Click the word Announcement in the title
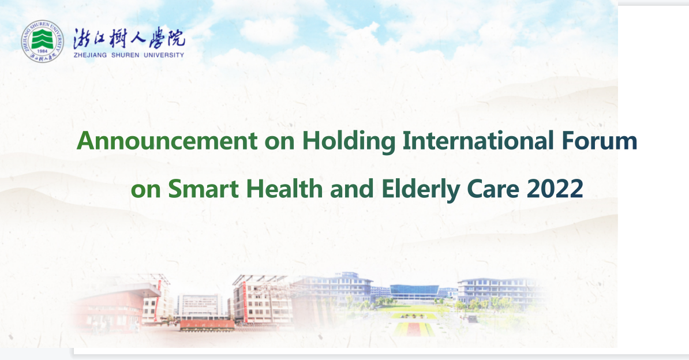[167, 141]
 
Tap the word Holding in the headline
[349, 142]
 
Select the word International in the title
[478, 141]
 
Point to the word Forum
[600, 141]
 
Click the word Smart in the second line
[204, 189]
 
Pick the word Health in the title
[284, 189]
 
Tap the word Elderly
[421, 190]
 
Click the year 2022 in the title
[555, 189]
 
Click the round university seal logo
[42, 42]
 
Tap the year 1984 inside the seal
[43, 51]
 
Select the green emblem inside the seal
[42, 39]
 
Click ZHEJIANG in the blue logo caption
[91, 55]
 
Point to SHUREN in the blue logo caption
[125, 55]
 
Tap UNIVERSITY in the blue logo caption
[164, 55]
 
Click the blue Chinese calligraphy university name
[129, 38]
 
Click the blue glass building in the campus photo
[414, 291]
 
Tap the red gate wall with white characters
[207, 325]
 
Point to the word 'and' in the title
[352, 189]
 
